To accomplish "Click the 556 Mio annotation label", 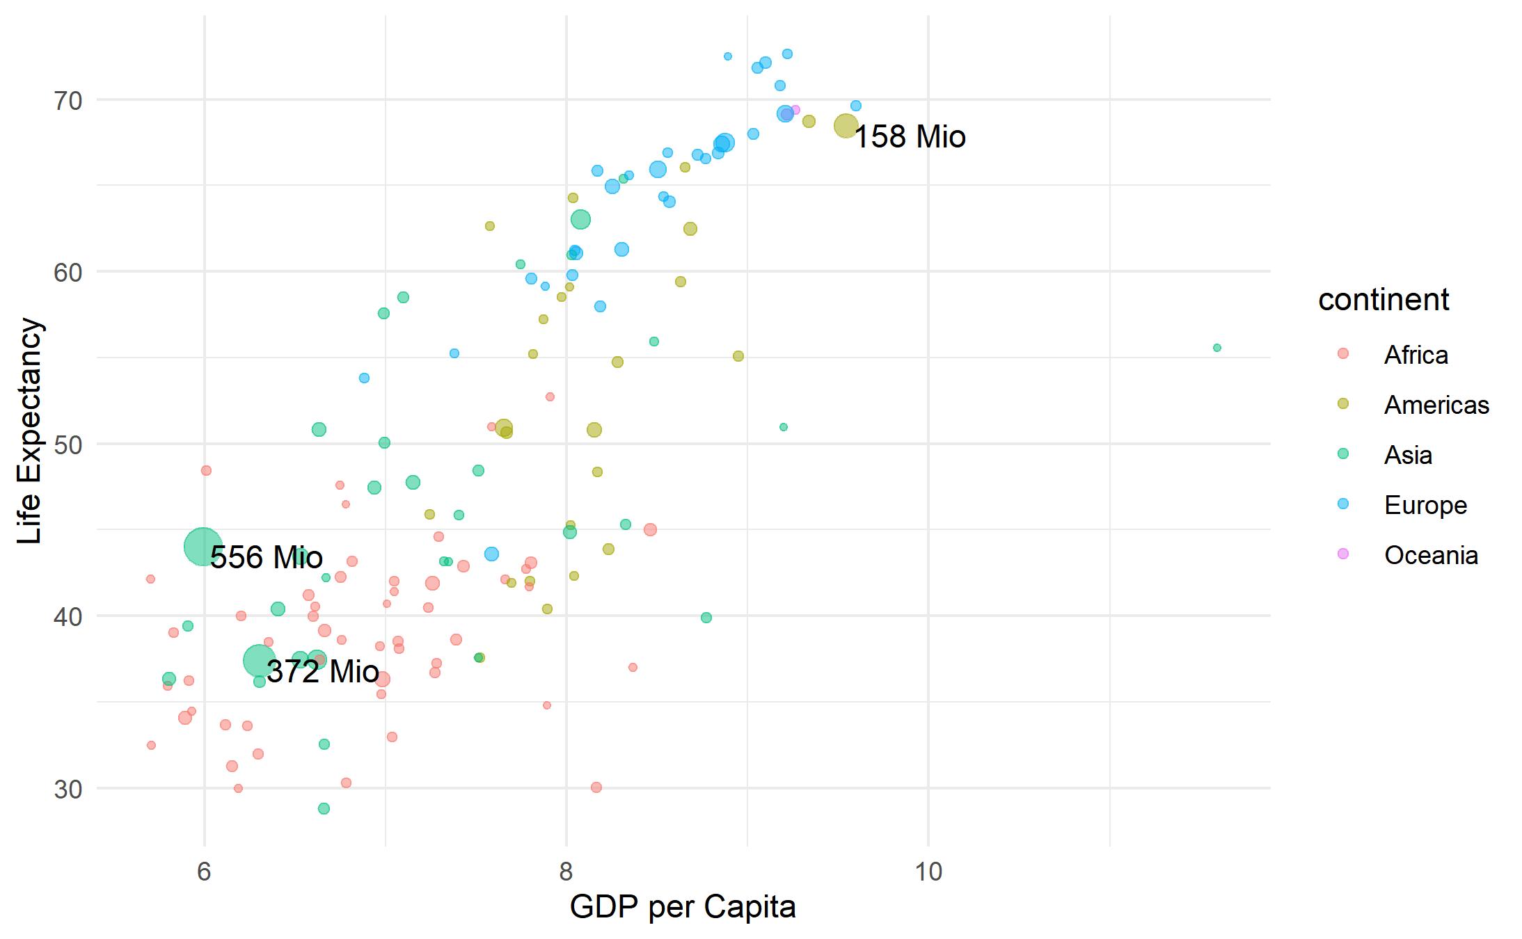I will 267,557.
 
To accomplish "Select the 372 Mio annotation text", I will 322,671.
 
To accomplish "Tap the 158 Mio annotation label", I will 909,136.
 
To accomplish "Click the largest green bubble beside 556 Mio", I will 203,547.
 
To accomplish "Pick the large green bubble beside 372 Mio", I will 258,660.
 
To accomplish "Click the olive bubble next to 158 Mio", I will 846,126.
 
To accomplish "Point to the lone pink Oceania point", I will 795,110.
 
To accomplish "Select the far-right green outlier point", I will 1216,348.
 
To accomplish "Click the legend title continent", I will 1383,300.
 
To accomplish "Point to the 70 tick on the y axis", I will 68,101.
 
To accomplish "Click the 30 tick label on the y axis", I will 68,789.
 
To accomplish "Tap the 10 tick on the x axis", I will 928,871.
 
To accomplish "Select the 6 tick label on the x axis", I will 204,871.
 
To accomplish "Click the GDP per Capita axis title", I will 682,907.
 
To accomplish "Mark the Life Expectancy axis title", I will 30,431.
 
